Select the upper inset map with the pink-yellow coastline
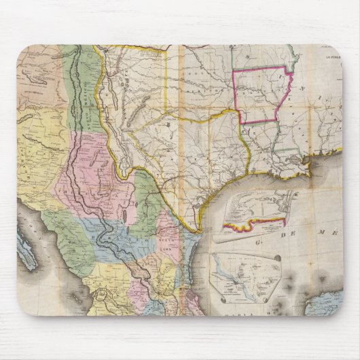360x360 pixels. point(256,211)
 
